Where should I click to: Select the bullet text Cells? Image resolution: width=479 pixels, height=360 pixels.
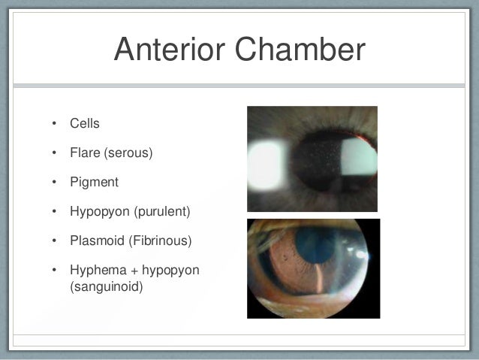click(x=85, y=123)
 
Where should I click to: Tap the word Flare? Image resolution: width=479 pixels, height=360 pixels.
click(x=84, y=153)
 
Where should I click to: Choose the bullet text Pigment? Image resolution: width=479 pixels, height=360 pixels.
click(x=94, y=182)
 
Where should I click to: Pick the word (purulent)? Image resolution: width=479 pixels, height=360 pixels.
click(x=162, y=211)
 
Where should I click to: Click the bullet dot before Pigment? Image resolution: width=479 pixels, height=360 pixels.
click(x=54, y=183)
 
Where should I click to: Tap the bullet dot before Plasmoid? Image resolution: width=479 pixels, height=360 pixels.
click(x=54, y=241)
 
